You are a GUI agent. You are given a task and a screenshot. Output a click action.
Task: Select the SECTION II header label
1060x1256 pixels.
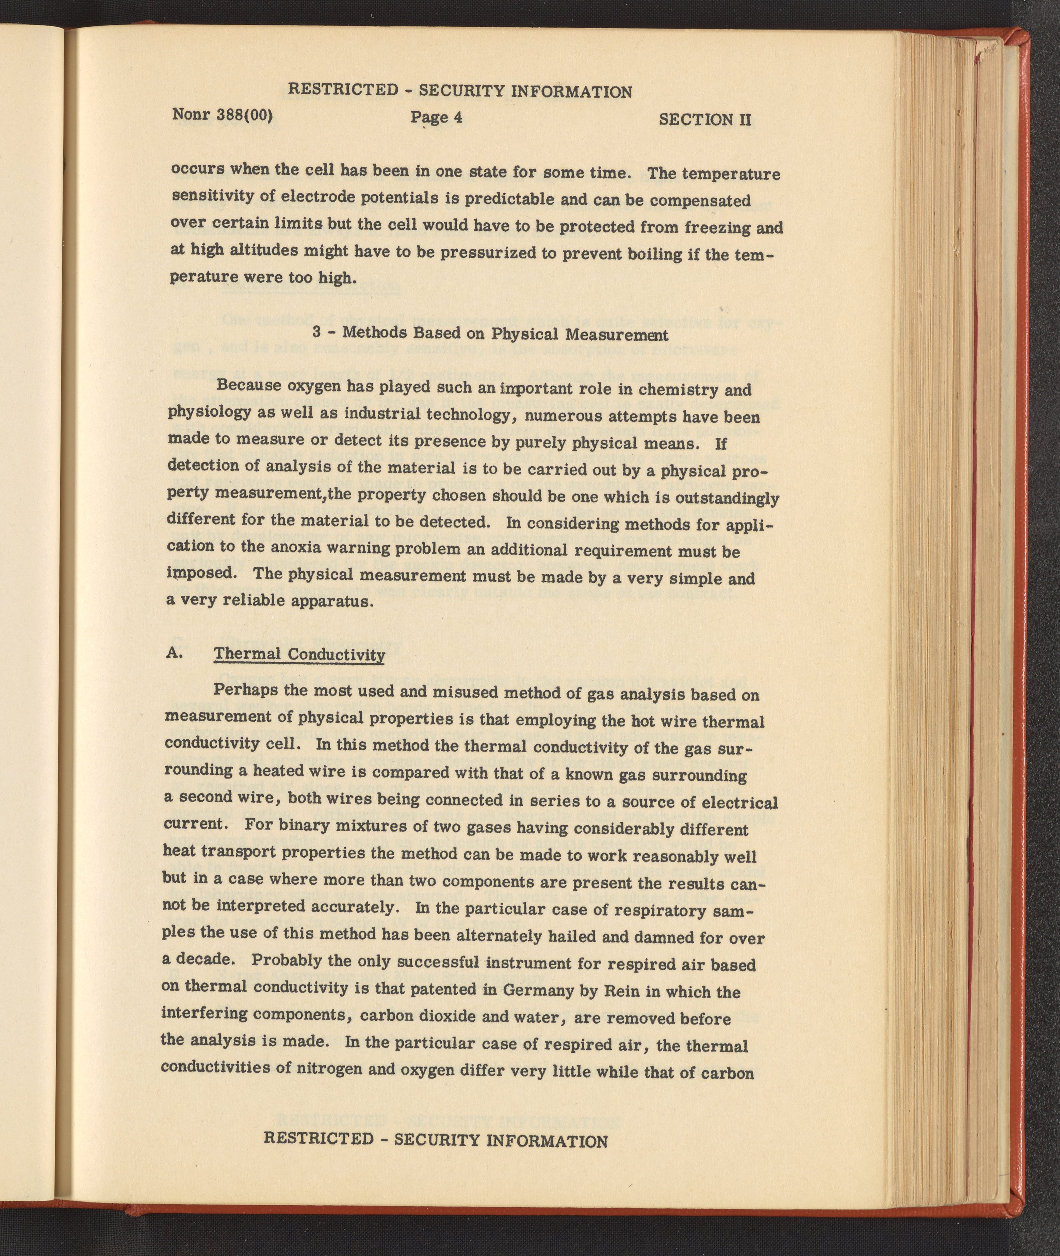click(x=705, y=119)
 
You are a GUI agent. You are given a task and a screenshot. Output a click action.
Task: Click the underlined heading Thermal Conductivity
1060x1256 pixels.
click(x=299, y=655)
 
